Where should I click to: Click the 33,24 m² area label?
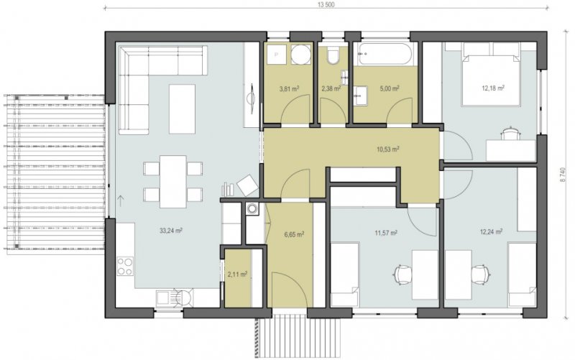[171, 231]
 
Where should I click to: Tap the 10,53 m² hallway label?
[388, 149]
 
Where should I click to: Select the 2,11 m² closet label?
[237, 274]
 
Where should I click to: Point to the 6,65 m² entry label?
[294, 234]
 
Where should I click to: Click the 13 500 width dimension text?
[327, 4]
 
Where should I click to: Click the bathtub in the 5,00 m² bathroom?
[387, 55]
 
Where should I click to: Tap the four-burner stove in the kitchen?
[125, 267]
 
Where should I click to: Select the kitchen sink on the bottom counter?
[166, 298]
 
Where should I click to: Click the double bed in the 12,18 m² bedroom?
[492, 74]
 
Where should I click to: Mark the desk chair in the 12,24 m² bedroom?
[480, 274]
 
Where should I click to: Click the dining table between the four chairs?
[173, 182]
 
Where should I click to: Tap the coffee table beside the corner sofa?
[182, 109]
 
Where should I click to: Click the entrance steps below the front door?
[298, 337]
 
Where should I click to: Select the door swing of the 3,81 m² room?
[295, 109]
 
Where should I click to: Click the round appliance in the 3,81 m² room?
[301, 55]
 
